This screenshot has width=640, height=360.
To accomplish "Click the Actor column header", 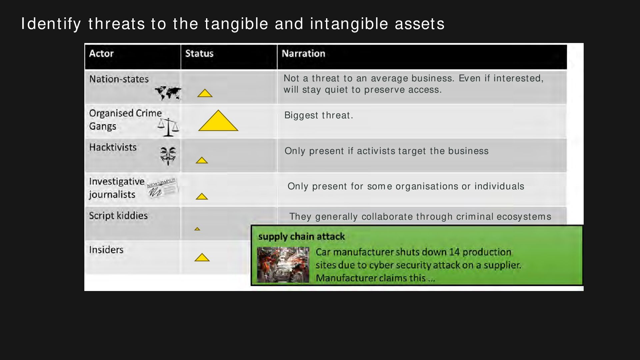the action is [101, 53].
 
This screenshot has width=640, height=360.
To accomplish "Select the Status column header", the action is [199, 53].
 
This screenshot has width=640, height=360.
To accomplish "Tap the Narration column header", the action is [303, 53].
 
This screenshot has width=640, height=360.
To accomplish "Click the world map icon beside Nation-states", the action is [168, 93].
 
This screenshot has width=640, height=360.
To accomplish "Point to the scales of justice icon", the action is [168, 127].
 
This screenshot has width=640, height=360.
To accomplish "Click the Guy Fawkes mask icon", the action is [168, 156].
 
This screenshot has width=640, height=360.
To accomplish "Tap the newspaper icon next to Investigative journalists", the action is [162, 188].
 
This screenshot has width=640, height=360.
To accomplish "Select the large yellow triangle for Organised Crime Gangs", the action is [218, 121].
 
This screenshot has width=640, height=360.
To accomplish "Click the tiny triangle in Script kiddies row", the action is [197, 229].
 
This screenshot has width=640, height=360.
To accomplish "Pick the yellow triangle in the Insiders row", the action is [202, 258].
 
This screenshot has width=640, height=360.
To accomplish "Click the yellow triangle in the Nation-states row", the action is [205, 93].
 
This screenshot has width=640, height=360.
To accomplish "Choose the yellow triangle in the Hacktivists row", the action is [202, 160].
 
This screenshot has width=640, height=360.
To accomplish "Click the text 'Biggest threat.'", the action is [318, 115].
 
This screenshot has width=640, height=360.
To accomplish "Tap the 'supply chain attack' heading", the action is [301, 237].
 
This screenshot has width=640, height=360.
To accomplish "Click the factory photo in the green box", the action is [283, 265].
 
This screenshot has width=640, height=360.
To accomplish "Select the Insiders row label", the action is [106, 250].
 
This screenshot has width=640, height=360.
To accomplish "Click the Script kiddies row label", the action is [118, 216].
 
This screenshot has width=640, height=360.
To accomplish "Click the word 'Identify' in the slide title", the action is [51, 24].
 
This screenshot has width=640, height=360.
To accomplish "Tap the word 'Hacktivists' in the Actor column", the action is [113, 147].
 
